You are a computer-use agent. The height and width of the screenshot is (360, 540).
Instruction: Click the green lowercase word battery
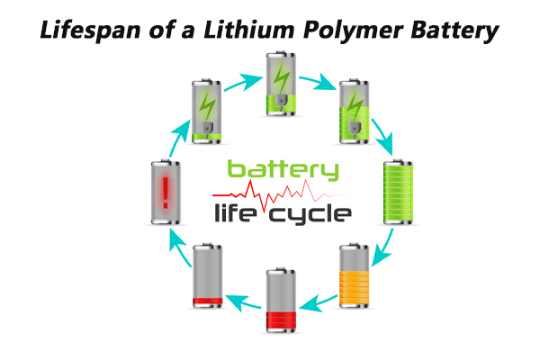pyautogui.click(x=283, y=170)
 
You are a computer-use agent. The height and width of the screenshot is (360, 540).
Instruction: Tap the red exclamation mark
pyautogui.click(x=165, y=191)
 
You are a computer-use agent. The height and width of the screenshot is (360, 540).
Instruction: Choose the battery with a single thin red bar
pyautogui.click(x=208, y=275)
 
